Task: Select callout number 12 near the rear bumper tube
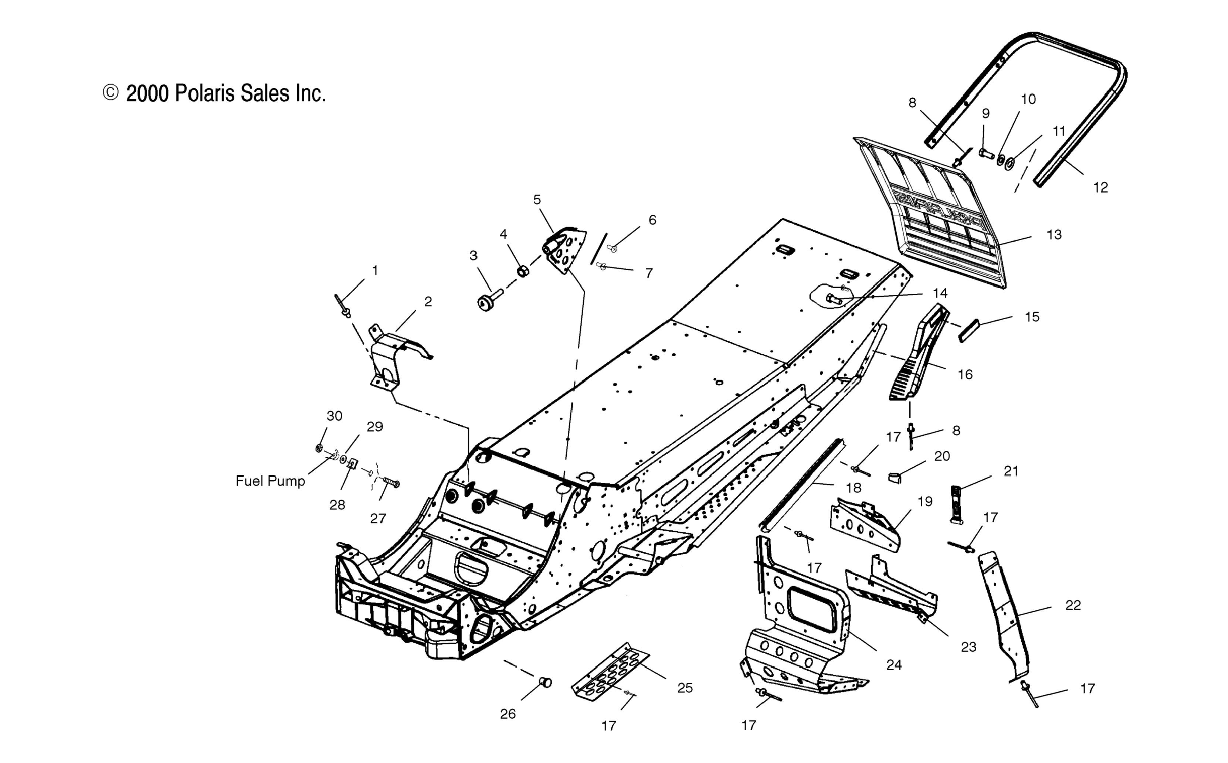[x=1100, y=188]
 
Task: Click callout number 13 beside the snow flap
[x=1054, y=235]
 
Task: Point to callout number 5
[x=537, y=200]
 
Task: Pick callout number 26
[x=508, y=714]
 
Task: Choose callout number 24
[x=894, y=665]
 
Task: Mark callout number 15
[x=1032, y=317]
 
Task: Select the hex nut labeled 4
[x=523, y=271]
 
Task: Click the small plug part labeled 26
[x=546, y=683]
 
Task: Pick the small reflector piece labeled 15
[x=969, y=331]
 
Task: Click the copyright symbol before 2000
[x=110, y=93]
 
